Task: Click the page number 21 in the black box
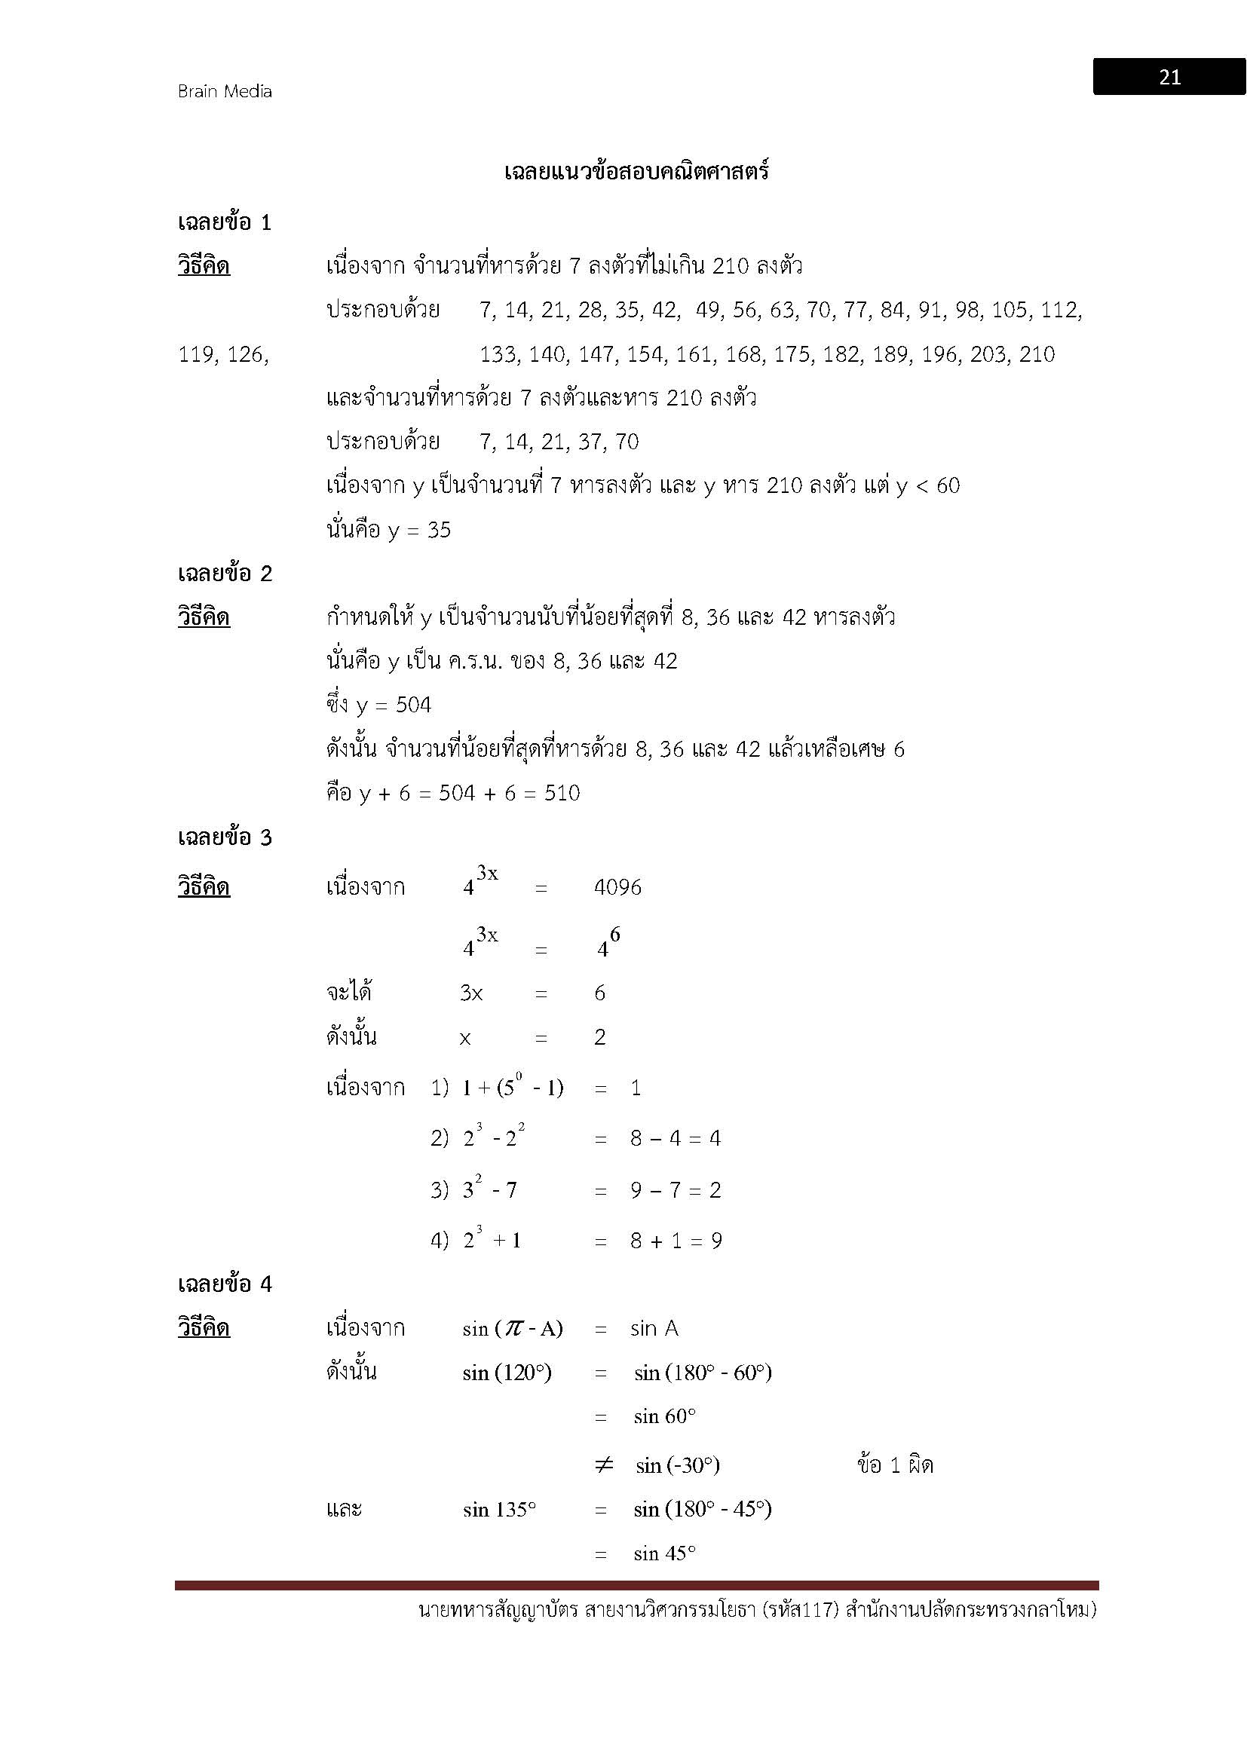tap(1169, 78)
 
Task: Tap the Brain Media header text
tap(225, 91)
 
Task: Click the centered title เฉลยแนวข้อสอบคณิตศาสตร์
tap(636, 172)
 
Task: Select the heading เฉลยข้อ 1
tap(224, 222)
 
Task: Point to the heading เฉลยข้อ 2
tap(224, 574)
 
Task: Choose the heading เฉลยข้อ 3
tap(224, 837)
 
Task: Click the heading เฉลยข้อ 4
tap(224, 1284)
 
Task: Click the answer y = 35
tap(419, 530)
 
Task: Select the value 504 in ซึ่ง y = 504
tap(413, 705)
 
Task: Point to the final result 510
tap(562, 793)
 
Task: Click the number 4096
tap(617, 888)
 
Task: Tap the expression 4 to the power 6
tap(608, 944)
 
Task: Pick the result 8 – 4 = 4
tap(676, 1138)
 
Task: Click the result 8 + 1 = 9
tap(676, 1241)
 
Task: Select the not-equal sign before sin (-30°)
tap(605, 1466)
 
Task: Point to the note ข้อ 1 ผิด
tap(895, 1466)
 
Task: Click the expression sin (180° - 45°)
tap(703, 1510)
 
